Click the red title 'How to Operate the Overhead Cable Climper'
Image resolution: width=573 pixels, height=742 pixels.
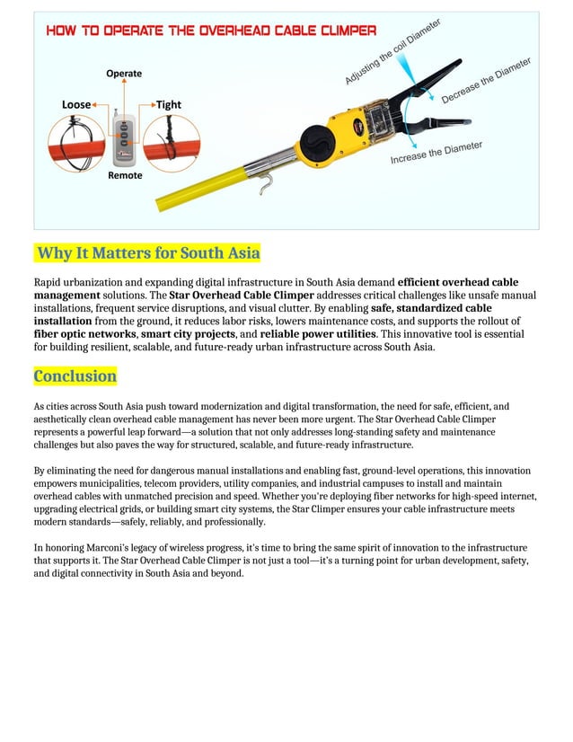(211, 31)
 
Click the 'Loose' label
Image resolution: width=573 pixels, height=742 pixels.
(76, 104)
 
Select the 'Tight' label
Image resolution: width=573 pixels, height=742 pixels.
(169, 104)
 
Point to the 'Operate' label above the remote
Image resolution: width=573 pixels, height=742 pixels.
(124, 73)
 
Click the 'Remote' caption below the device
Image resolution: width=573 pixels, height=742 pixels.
(125, 175)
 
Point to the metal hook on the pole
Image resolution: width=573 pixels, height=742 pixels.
(264, 182)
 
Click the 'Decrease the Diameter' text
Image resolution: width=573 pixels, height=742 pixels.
(486, 80)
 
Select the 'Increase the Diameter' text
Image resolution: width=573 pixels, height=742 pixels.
(436, 153)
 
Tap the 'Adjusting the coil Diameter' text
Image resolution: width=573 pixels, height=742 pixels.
(392, 53)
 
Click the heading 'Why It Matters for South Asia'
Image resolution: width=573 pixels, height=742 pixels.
(147, 252)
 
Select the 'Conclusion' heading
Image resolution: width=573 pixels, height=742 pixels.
(75, 375)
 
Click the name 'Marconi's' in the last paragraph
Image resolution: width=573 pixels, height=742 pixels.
(103, 547)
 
